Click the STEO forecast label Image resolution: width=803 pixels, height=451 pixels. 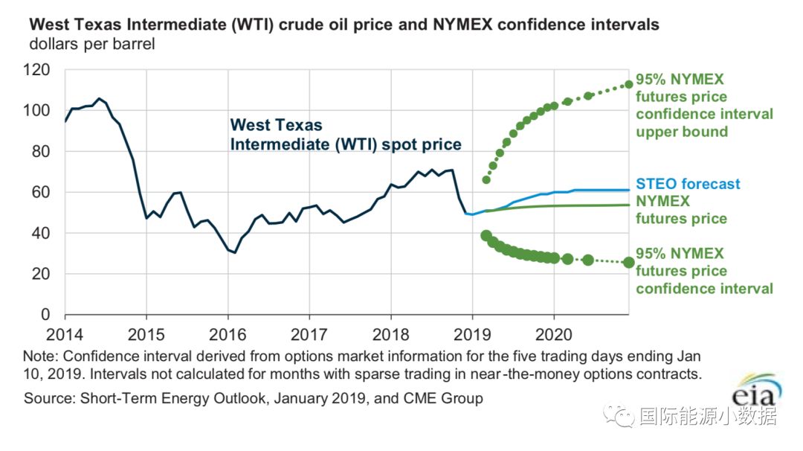coord(688,184)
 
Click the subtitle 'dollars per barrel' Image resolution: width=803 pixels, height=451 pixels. coord(92,44)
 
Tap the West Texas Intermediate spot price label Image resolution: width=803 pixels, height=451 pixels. coord(346,135)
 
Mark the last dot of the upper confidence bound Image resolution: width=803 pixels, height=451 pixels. coord(628,84)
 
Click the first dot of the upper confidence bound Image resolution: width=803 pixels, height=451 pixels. coord(486,179)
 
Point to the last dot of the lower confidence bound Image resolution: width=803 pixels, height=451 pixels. coord(628,262)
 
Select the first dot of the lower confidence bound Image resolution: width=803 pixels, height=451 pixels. coord(486,236)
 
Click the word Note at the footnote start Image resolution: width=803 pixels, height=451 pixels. coord(39,356)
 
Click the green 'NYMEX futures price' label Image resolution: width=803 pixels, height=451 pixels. coord(680,210)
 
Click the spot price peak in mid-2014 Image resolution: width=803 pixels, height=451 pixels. coord(99,98)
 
